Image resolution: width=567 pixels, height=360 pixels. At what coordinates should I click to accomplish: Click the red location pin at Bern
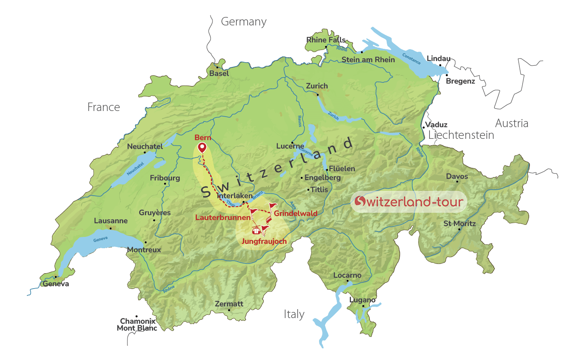click(x=202, y=148)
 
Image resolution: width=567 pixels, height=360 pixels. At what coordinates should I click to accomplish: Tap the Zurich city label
click(x=317, y=86)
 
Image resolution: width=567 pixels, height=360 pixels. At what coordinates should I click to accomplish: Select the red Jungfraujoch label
click(x=264, y=241)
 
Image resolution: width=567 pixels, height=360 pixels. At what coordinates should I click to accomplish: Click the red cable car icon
click(x=256, y=231)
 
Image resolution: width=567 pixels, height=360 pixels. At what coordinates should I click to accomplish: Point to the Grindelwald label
click(x=296, y=213)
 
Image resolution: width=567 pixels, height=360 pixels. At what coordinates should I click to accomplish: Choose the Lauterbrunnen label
click(x=223, y=218)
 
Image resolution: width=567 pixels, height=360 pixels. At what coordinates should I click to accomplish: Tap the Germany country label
click(x=244, y=22)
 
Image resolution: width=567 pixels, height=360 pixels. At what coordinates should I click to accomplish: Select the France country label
click(x=104, y=107)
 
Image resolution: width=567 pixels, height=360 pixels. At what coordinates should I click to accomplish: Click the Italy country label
click(x=294, y=314)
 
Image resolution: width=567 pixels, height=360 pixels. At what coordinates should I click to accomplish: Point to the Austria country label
click(x=512, y=123)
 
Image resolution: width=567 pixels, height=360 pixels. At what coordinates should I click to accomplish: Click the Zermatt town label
click(x=229, y=304)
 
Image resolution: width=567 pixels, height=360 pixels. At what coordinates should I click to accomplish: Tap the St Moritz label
click(x=460, y=224)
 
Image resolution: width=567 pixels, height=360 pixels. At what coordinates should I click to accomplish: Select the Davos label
click(x=457, y=176)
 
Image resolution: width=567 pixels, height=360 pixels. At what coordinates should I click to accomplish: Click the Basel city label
click(x=219, y=73)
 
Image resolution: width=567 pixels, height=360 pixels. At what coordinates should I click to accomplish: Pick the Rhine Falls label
click(x=326, y=40)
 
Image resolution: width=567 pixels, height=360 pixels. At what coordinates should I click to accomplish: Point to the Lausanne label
click(x=111, y=221)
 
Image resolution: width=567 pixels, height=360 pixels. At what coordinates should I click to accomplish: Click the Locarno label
click(x=347, y=275)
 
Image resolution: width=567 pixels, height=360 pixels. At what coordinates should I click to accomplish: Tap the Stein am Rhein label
click(x=368, y=60)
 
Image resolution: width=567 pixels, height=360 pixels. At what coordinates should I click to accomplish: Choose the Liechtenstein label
click(x=461, y=135)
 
